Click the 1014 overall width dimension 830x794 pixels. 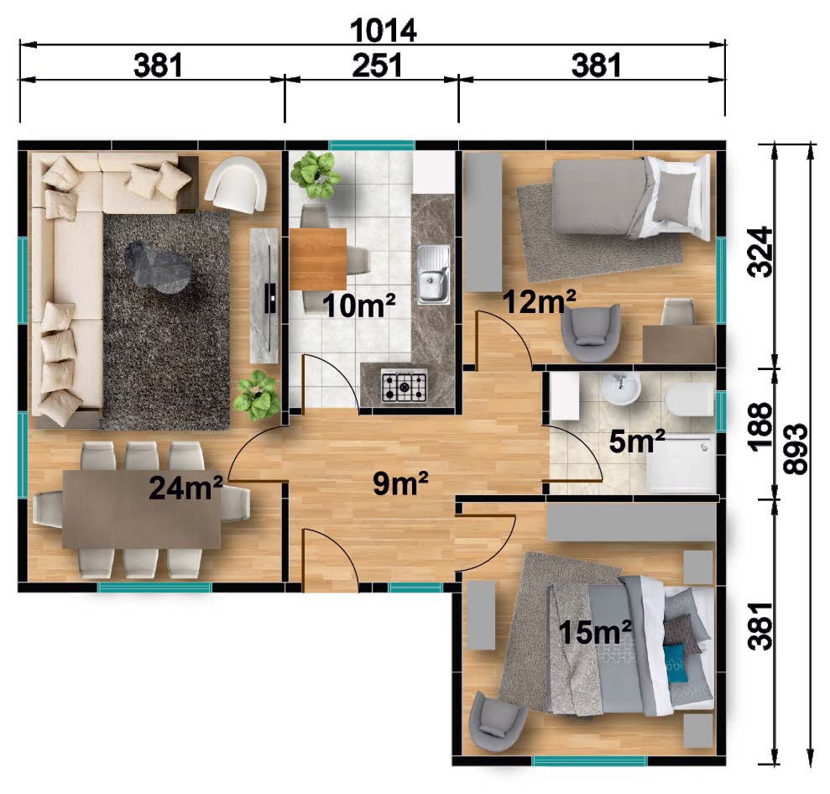pos(384,30)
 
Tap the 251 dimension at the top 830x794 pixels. pos(377,65)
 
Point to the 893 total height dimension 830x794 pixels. pos(795,449)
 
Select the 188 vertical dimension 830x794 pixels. pos(760,426)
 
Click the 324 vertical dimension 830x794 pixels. pos(760,252)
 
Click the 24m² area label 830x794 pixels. pos(185,488)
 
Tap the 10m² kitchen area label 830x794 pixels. pos(359,306)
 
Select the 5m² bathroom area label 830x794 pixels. pos(637,441)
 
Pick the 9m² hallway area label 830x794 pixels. pos(400,483)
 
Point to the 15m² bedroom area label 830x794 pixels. pos(594,632)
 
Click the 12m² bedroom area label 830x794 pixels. pos(539,302)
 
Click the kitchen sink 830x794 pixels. pos(434,274)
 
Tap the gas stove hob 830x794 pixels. pos(405,387)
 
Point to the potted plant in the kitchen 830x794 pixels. pos(315,175)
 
